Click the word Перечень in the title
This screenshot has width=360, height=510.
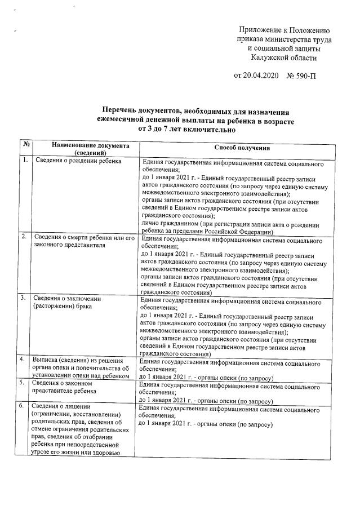[x=125, y=111]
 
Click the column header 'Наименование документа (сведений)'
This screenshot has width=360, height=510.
[x=82, y=148]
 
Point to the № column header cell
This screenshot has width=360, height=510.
[x=25, y=145]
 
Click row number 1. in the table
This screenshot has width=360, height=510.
[x=25, y=161]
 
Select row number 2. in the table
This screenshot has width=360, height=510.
[x=24, y=236]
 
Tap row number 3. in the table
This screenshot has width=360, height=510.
[x=24, y=297]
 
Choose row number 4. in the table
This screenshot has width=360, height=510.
[x=24, y=360]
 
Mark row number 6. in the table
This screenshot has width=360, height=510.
[x=24, y=405]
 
